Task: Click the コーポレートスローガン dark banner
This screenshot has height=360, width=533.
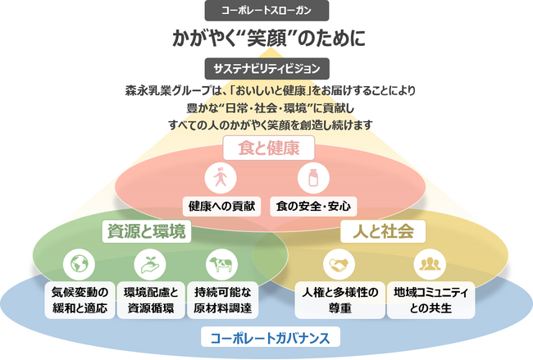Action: pyautogui.click(x=266, y=11)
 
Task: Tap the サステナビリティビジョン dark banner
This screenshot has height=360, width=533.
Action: pyautogui.click(x=266, y=69)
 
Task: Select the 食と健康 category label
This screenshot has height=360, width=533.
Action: pyautogui.click(x=268, y=148)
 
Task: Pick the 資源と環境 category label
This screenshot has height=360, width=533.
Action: pyautogui.click(x=147, y=231)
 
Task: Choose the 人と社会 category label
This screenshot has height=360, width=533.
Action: pyautogui.click(x=383, y=231)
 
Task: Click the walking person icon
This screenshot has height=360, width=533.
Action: pyautogui.click(x=221, y=178)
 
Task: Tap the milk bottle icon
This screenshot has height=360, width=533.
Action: pyautogui.click(x=313, y=178)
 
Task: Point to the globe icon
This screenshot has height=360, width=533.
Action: pyautogui.click(x=79, y=264)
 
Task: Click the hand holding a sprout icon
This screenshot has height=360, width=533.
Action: pyautogui.click(x=150, y=264)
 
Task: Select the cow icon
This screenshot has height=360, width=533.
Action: pyautogui.click(x=221, y=264)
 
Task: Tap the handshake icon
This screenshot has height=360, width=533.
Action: pyautogui.click(x=339, y=264)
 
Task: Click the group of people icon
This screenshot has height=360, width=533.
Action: pyautogui.click(x=430, y=264)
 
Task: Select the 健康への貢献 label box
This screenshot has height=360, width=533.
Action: pyautogui.click(x=221, y=207)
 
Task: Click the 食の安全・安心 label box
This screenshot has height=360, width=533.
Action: pyautogui.click(x=313, y=207)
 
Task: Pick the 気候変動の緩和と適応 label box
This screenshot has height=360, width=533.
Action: pyautogui.click(x=80, y=300)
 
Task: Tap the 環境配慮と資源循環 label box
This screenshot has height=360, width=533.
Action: pyautogui.click(x=151, y=300)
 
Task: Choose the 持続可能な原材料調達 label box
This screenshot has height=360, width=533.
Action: pyautogui.click(x=223, y=300)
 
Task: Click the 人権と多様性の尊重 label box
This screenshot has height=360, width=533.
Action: pyautogui.click(x=340, y=300)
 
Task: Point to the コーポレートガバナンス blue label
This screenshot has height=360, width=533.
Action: pyautogui.click(x=271, y=337)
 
